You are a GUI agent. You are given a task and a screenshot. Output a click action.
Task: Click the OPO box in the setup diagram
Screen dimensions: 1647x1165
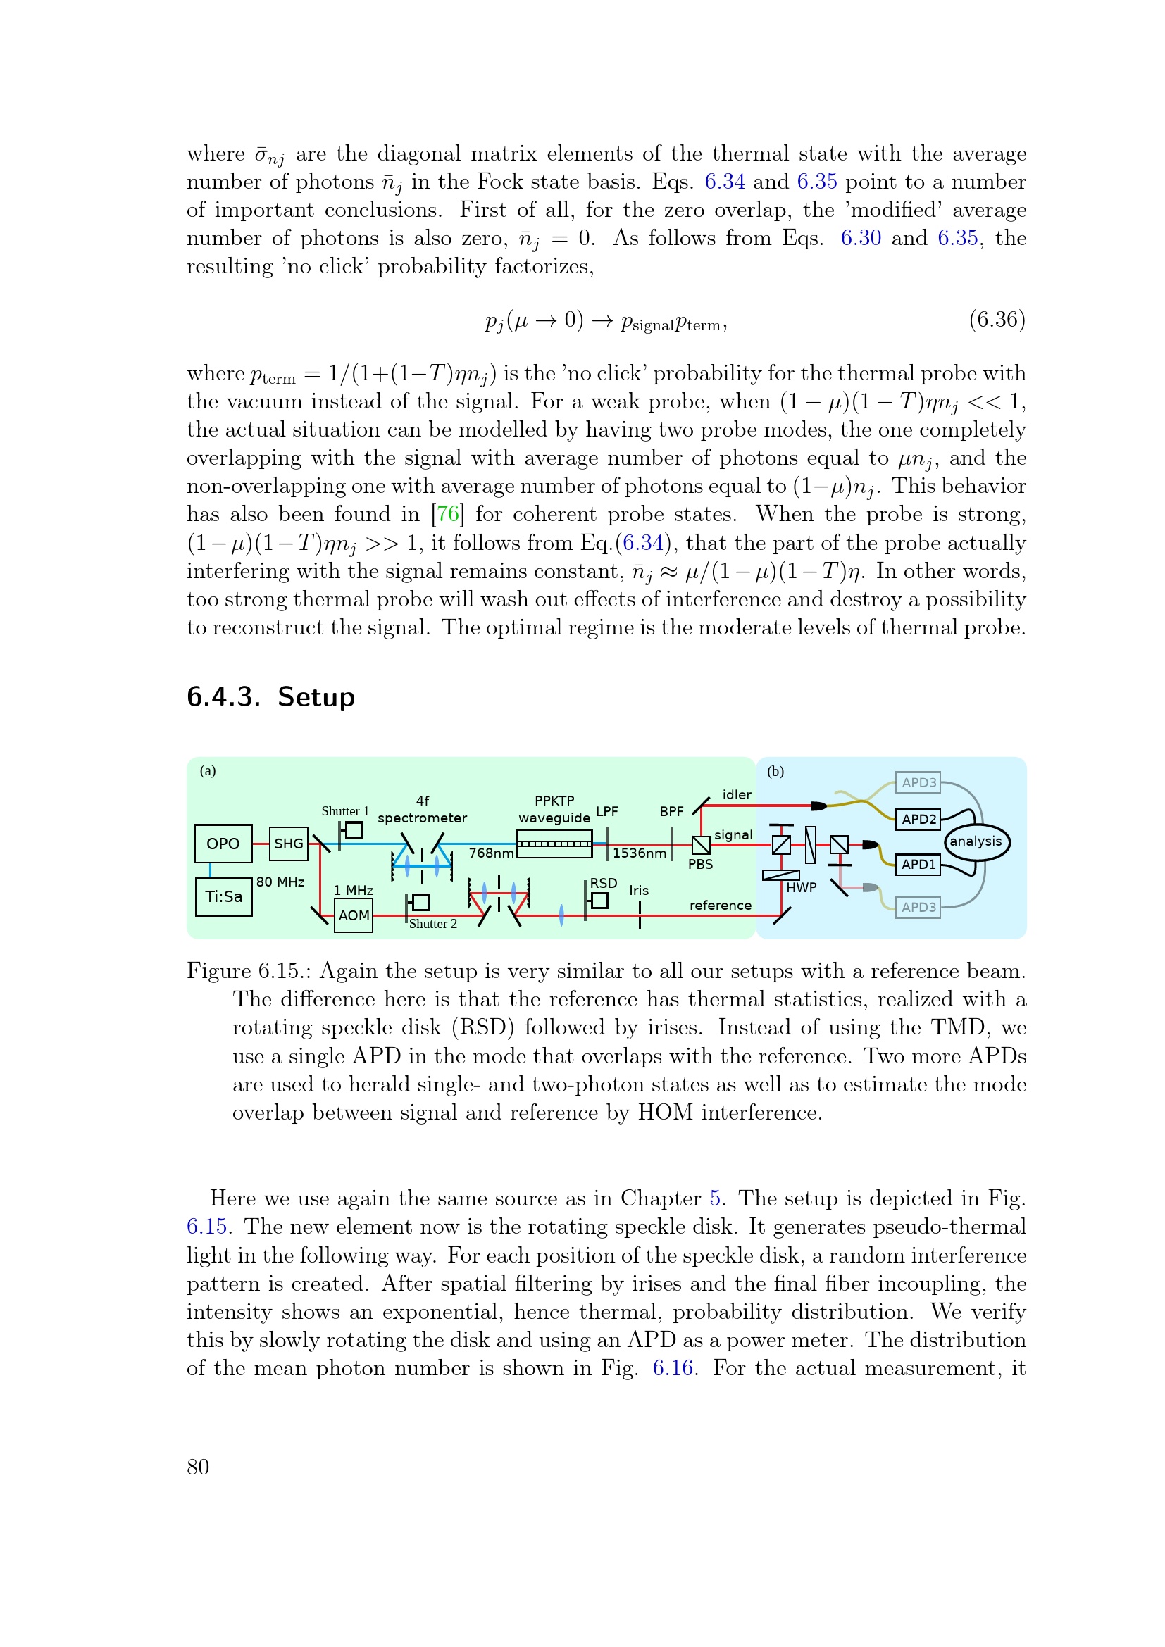[x=223, y=844]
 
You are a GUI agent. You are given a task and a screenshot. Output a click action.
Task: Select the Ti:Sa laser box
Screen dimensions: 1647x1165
[x=224, y=896]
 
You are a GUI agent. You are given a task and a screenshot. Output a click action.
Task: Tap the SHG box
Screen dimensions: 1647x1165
[x=288, y=844]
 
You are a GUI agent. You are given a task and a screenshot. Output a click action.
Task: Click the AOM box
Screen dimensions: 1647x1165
[x=354, y=915]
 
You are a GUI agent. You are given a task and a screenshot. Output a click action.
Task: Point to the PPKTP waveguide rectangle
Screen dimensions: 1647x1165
[x=554, y=844]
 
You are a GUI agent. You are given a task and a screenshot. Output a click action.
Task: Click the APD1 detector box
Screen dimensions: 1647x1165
[x=918, y=865]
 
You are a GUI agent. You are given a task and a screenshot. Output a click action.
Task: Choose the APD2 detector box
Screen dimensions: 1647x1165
[x=918, y=819]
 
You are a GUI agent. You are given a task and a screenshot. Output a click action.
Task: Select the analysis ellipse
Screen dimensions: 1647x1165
[x=976, y=841]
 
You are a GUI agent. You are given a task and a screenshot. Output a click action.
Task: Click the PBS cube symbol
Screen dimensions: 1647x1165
[x=701, y=845]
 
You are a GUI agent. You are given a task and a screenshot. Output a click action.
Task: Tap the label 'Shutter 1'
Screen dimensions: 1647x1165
[x=345, y=811]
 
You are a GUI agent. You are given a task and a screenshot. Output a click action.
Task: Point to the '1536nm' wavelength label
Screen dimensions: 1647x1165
[x=639, y=853]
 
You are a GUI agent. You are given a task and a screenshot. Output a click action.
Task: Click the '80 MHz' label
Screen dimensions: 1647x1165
[x=280, y=882]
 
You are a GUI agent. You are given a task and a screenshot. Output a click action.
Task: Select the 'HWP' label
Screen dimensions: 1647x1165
[x=802, y=887]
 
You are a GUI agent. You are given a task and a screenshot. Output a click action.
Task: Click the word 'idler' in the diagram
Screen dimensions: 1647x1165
[x=737, y=795]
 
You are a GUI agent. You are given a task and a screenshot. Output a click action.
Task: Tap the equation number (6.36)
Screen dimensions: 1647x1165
[x=997, y=319]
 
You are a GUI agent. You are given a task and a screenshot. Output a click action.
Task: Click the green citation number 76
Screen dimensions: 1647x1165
[x=448, y=514]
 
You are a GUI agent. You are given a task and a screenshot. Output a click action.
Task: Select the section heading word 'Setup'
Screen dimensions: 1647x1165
[x=316, y=696]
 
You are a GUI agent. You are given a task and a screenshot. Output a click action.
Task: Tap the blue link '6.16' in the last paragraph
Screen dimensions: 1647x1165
[x=673, y=1368]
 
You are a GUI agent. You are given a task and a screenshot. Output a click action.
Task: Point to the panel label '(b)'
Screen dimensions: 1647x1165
[x=775, y=772]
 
